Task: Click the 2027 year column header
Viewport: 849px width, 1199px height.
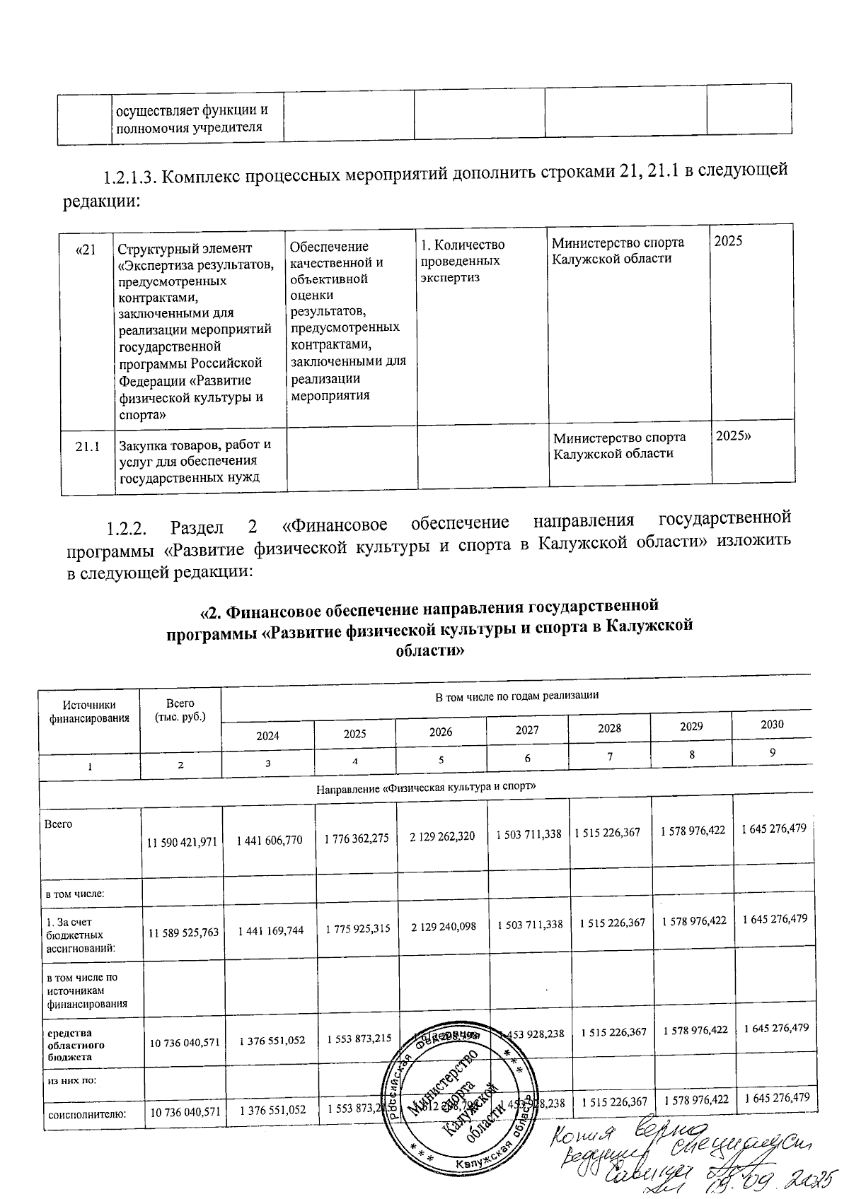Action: [x=527, y=731]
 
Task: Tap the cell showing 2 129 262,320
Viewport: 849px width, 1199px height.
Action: [x=442, y=836]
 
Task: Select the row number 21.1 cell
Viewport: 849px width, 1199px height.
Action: [x=88, y=447]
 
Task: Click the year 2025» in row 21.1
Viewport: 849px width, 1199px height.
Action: [x=733, y=436]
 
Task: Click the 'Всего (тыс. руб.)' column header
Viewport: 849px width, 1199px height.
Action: [x=180, y=710]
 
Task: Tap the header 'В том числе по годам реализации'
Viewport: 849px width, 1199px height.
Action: [x=516, y=695]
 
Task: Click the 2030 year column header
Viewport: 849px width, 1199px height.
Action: [x=772, y=724]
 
